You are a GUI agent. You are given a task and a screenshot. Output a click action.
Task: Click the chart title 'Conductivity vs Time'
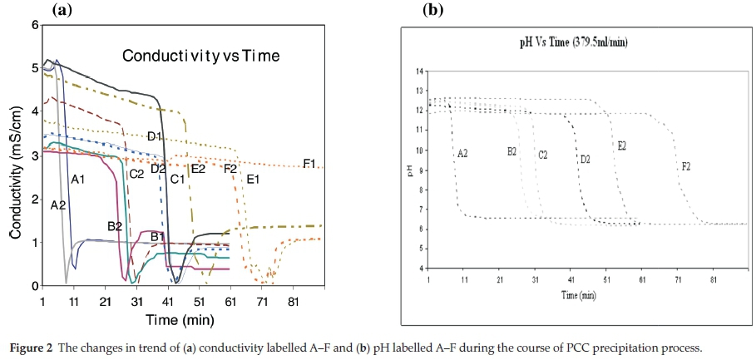coord(200,56)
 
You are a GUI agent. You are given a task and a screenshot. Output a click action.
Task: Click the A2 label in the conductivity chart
coord(57,205)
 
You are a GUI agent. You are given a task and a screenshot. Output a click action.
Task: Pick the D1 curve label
coord(155,136)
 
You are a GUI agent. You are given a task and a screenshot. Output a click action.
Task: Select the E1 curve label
coord(253,179)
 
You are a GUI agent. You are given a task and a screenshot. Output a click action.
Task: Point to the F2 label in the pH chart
coord(685,166)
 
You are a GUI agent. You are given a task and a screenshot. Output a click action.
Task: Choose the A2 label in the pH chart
coord(463,154)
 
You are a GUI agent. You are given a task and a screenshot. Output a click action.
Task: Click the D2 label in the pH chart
coord(585,158)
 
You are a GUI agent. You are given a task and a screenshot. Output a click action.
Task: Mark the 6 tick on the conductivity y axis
coord(35,25)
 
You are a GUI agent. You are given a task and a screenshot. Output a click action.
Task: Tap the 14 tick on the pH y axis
coord(419,72)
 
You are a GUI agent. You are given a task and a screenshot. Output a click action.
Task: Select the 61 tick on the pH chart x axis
coord(643,280)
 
